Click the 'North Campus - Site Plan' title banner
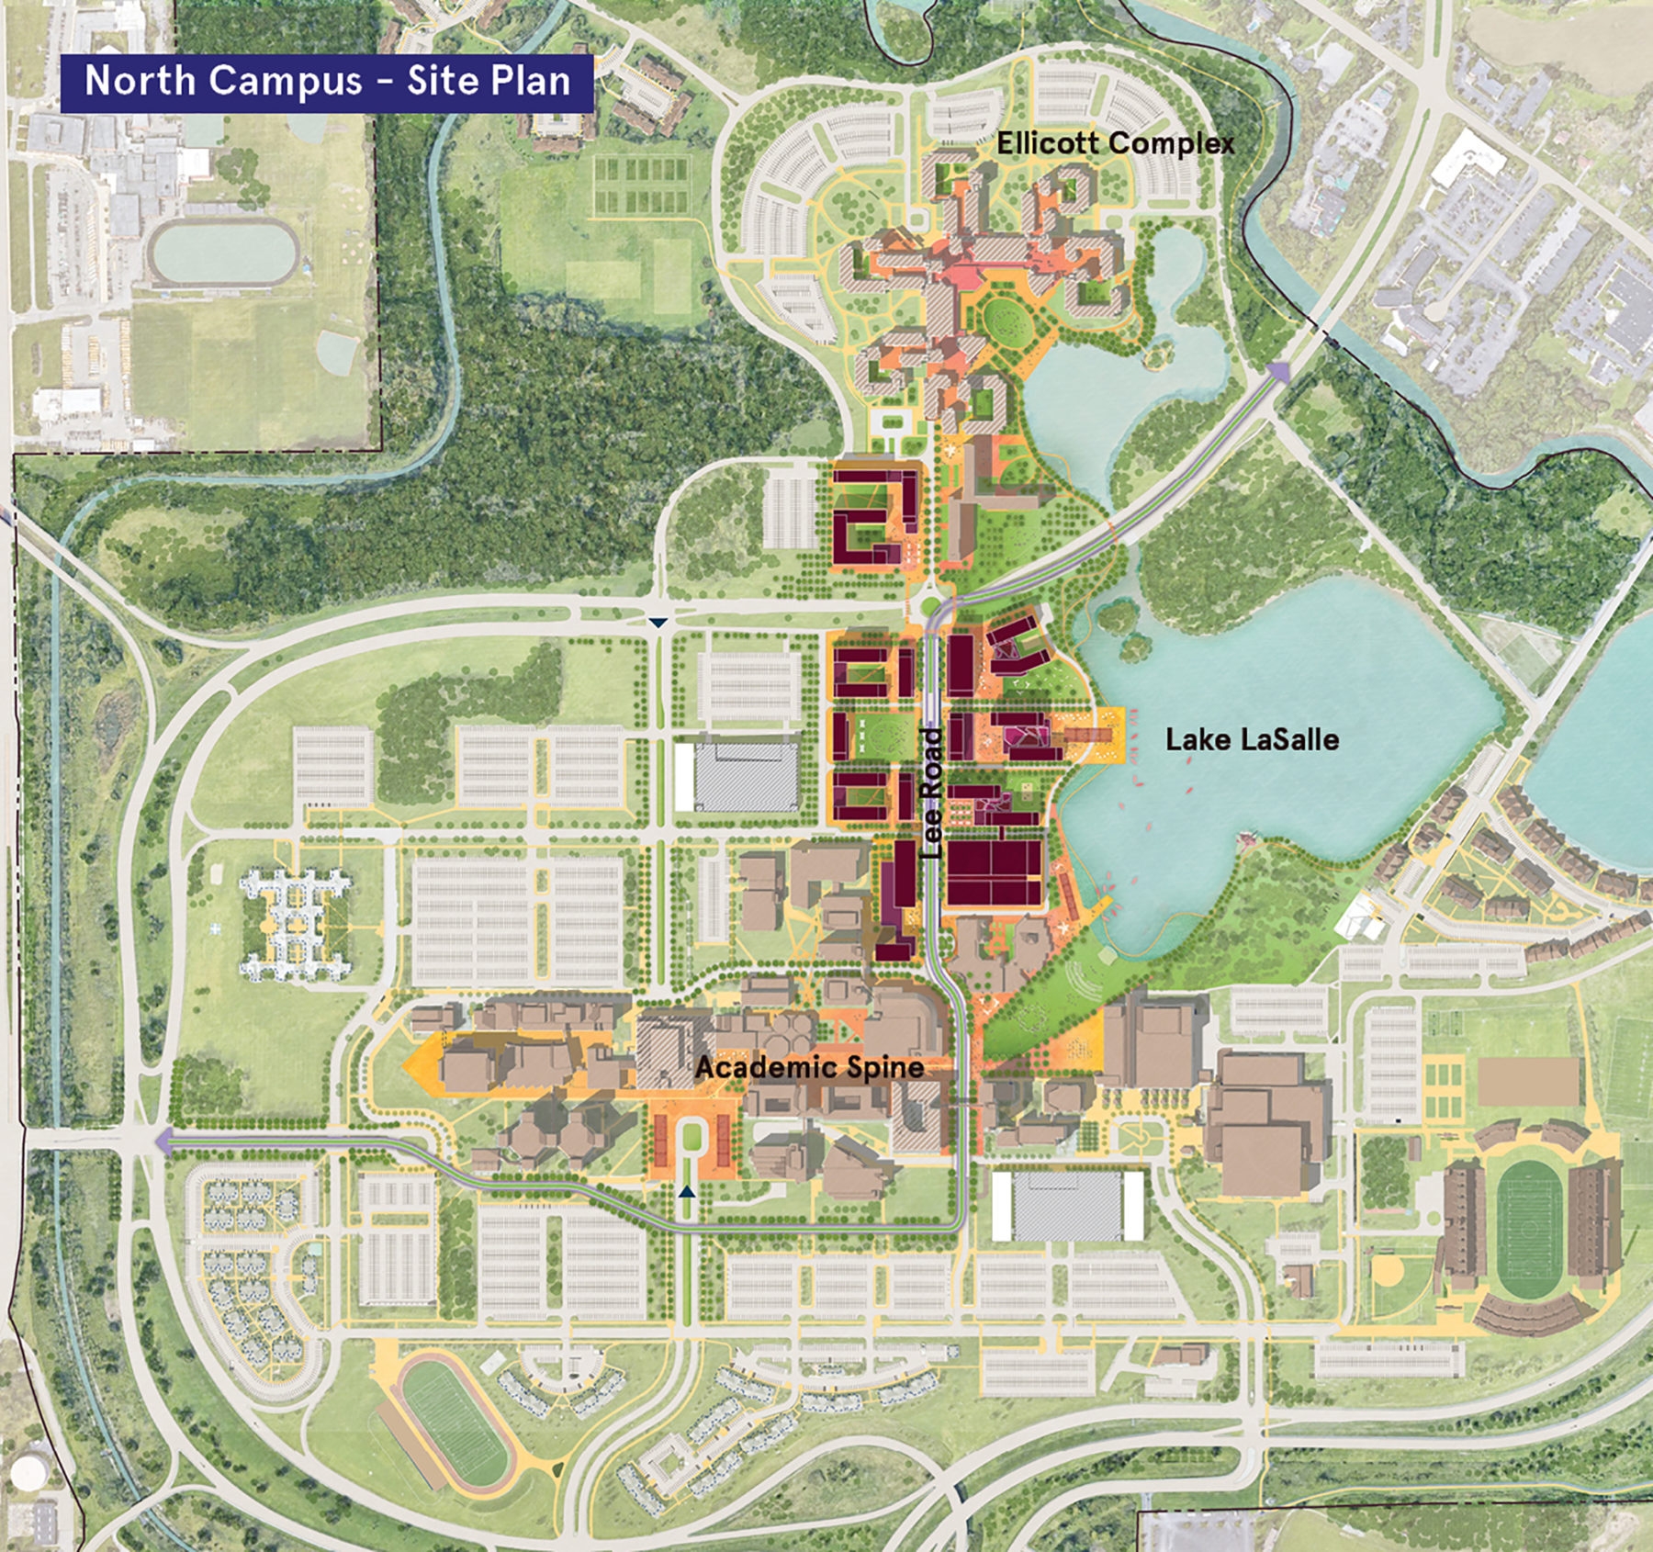click(x=327, y=82)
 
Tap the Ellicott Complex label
click(x=1115, y=143)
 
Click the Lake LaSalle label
click(x=1252, y=739)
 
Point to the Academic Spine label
click(x=809, y=1067)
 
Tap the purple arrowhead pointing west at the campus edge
click(x=165, y=1142)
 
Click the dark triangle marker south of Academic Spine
click(x=687, y=1191)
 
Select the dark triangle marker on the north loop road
click(x=658, y=623)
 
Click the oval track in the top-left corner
click(x=224, y=253)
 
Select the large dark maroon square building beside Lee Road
click(x=995, y=871)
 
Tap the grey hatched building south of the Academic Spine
click(x=1067, y=1206)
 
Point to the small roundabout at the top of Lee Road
click(x=930, y=606)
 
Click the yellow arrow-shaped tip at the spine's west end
click(x=416, y=1065)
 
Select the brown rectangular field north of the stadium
click(x=1528, y=1081)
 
